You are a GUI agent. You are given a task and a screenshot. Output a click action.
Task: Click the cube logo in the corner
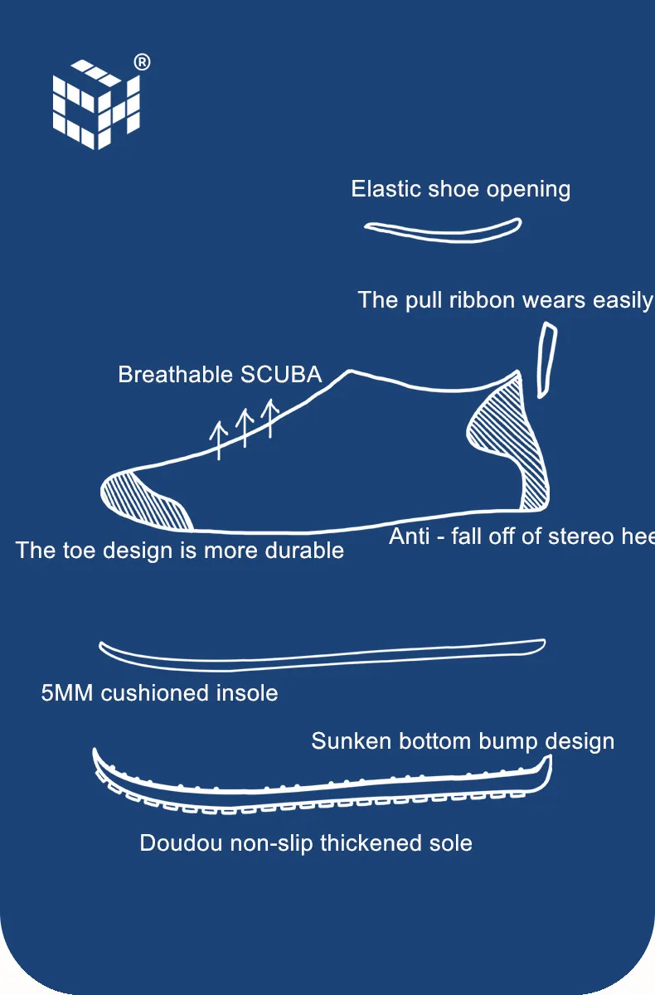pyautogui.click(x=95, y=104)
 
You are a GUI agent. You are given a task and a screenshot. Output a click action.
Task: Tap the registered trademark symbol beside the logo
pyautogui.click(x=142, y=63)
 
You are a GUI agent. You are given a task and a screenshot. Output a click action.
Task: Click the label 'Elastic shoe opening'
pyautogui.click(x=460, y=189)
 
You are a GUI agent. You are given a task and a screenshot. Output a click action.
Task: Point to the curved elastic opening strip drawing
pyautogui.click(x=444, y=231)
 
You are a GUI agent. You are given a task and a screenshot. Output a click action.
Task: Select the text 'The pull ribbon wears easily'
pyautogui.click(x=505, y=299)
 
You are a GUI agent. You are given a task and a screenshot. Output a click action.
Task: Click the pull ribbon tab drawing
pyautogui.click(x=546, y=360)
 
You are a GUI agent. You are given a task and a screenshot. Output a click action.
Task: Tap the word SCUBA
pyautogui.click(x=280, y=374)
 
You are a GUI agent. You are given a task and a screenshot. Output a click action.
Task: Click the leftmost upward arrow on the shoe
pyautogui.click(x=219, y=440)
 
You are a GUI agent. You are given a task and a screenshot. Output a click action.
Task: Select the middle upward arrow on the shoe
pyautogui.click(x=245, y=427)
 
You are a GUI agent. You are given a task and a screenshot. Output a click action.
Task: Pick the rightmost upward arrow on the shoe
pyautogui.click(x=269, y=417)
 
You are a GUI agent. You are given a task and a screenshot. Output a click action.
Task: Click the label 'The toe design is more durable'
pyautogui.click(x=179, y=551)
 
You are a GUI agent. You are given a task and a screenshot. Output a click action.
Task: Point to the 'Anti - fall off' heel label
pyautogui.click(x=522, y=536)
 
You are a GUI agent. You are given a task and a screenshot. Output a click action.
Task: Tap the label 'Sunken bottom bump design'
pyautogui.click(x=463, y=741)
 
